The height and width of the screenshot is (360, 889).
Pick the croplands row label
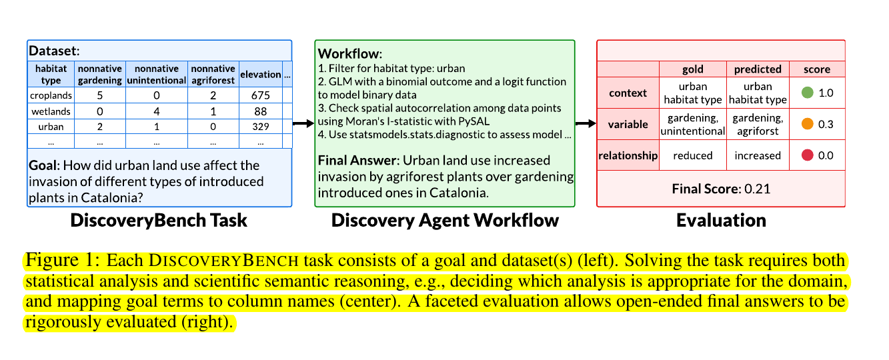click(x=51, y=95)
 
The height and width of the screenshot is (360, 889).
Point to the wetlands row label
click(x=51, y=111)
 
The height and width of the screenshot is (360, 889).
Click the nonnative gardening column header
click(x=99, y=74)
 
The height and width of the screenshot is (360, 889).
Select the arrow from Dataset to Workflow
click(x=303, y=123)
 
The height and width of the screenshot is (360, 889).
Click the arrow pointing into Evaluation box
click(x=586, y=123)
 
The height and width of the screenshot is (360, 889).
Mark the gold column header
click(x=692, y=69)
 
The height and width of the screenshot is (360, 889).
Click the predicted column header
click(x=757, y=69)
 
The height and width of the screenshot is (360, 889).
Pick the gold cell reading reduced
click(x=692, y=155)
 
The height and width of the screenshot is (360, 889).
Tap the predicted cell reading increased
click(x=757, y=155)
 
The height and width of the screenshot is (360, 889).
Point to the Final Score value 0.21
click(x=759, y=189)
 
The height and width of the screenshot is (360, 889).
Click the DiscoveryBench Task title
click(x=159, y=221)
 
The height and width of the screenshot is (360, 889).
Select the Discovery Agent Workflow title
click(x=445, y=221)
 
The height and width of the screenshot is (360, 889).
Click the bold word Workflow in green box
click(x=347, y=53)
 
